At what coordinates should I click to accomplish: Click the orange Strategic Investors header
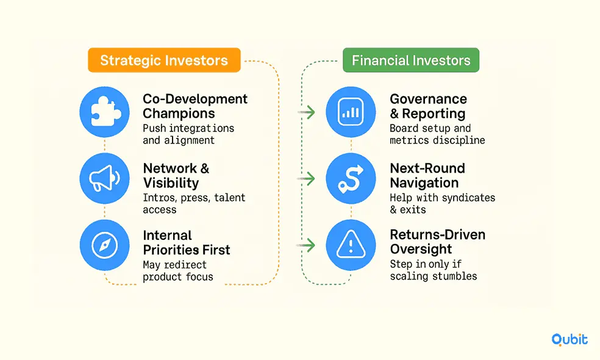(x=164, y=60)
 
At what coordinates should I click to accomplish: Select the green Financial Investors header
(x=411, y=60)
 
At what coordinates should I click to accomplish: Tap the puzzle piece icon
(x=104, y=112)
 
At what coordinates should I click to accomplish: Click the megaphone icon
(x=104, y=178)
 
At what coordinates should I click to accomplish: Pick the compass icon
(x=104, y=245)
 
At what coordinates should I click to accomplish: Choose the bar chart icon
(x=351, y=112)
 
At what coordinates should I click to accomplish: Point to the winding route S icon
(x=351, y=178)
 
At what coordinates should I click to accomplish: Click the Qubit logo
(x=570, y=339)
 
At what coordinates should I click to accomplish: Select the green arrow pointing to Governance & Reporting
(x=306, y=112)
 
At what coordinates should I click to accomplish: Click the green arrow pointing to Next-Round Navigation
(x=306, y=178)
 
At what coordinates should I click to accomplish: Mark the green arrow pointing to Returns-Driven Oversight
(x=306, y=245)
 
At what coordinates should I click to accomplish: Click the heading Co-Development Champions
(x=195, y=106)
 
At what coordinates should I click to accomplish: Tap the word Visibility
(x=171, y=182)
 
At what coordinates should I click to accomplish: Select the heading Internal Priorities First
(x=187, y=242)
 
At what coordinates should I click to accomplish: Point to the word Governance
(x=429, y=99)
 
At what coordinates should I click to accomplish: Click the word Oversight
(x=421, y=249)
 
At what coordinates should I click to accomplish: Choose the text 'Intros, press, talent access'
(x=194, y=203)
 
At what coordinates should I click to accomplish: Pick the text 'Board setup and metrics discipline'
(x=437, y=134)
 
